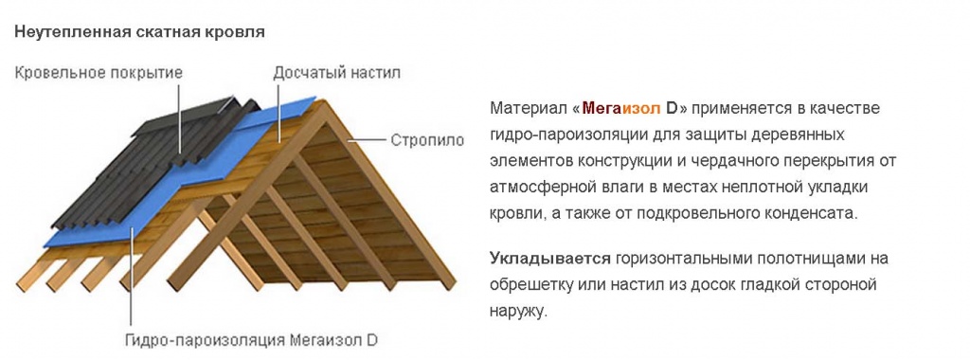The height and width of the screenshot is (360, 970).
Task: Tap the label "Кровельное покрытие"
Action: click(x=98, y=72)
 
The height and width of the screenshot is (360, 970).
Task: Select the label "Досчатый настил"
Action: click(x=323, y=72)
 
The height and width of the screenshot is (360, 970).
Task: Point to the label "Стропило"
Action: click(x=427, y=140)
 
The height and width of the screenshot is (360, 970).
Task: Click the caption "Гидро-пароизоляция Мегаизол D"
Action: click(x=252, y=338)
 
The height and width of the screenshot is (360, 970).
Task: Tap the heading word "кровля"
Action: click(x=238, y=31)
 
